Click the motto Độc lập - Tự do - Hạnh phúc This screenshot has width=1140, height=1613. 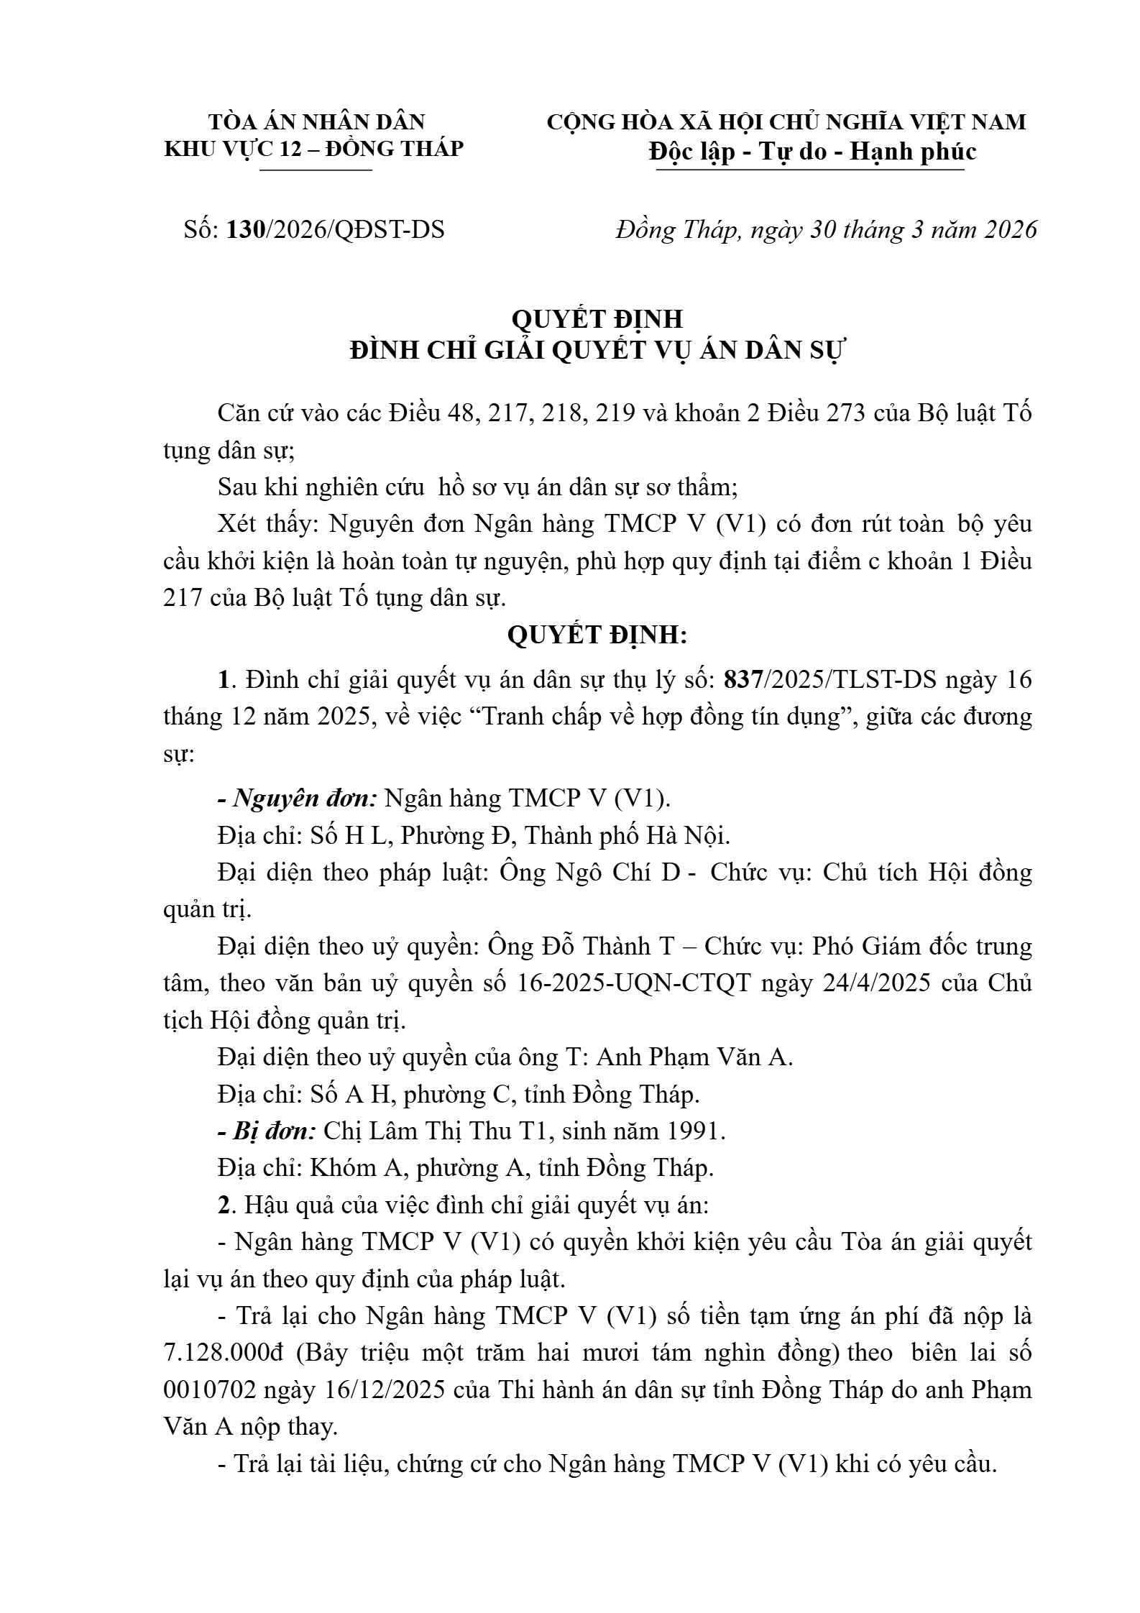click(x=812, y=152)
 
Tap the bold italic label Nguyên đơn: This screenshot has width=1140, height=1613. click(x=297, y=798)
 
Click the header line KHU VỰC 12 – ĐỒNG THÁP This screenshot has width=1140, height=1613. click(x=314, y=149)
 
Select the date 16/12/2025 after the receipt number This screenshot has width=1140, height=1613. click(x=385, y=1389)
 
